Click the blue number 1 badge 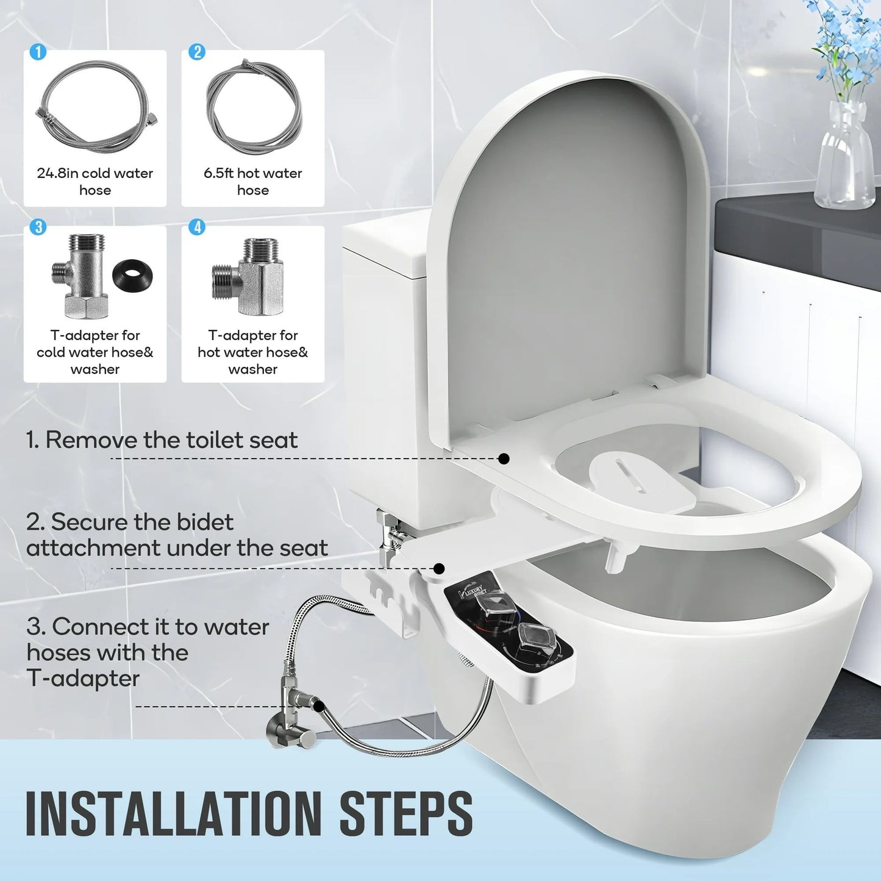[38, 52]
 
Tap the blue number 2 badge [197, 52]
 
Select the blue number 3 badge [38, 227]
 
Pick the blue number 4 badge [197, 227]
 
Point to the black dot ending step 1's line [504, 458]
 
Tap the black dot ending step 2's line [439, 569]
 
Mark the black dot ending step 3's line [319, 707]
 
